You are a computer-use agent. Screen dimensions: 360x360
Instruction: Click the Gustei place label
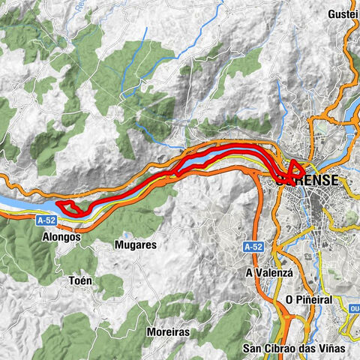tap(343, 14)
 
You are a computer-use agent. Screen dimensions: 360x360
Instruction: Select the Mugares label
tap(136, 244)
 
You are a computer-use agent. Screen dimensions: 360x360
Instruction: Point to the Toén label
tap(81, 281)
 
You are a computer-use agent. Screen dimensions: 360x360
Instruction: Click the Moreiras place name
tap(167, 331)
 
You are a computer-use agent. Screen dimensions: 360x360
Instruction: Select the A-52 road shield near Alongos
tap(45, 220)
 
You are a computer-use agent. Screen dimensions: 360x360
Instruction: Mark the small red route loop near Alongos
tap(70, 208)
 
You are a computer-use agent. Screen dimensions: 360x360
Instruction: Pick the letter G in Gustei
tap(332, 14)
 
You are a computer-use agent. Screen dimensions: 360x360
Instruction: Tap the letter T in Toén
tap(70, 281)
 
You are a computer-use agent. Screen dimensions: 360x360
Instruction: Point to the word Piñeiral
tap(319, 298)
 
